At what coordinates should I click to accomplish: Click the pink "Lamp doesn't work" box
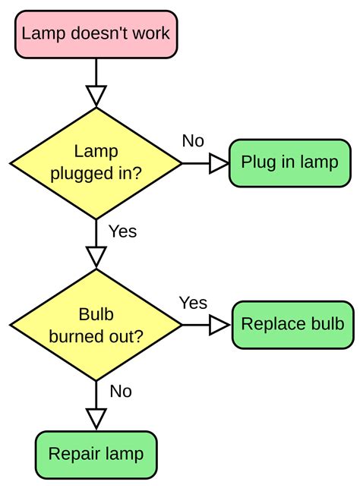coord(96,33)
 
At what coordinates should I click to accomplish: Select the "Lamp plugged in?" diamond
coord(96,162)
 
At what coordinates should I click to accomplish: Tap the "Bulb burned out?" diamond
coord(96,325)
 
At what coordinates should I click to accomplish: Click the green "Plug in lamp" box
coord(289,162)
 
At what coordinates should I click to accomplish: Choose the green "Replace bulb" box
coord(292,325)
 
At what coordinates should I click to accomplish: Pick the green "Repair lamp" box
coord(96,455)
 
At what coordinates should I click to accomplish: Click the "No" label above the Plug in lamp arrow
coord(193,141)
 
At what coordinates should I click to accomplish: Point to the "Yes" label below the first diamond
coord(123,231)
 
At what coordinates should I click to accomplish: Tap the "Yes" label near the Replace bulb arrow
coord(193,303)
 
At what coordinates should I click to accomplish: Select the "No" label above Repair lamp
coord(121,392)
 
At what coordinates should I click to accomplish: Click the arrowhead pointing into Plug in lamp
coord(219,162)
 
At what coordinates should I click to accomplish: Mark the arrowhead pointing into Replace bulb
coord(219,325)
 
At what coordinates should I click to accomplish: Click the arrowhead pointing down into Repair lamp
coord(96,418)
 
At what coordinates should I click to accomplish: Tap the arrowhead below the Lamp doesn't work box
coord(96,95)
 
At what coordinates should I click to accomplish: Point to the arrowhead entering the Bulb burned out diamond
coord(96,257)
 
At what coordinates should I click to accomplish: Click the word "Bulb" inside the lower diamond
coord(96,315)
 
